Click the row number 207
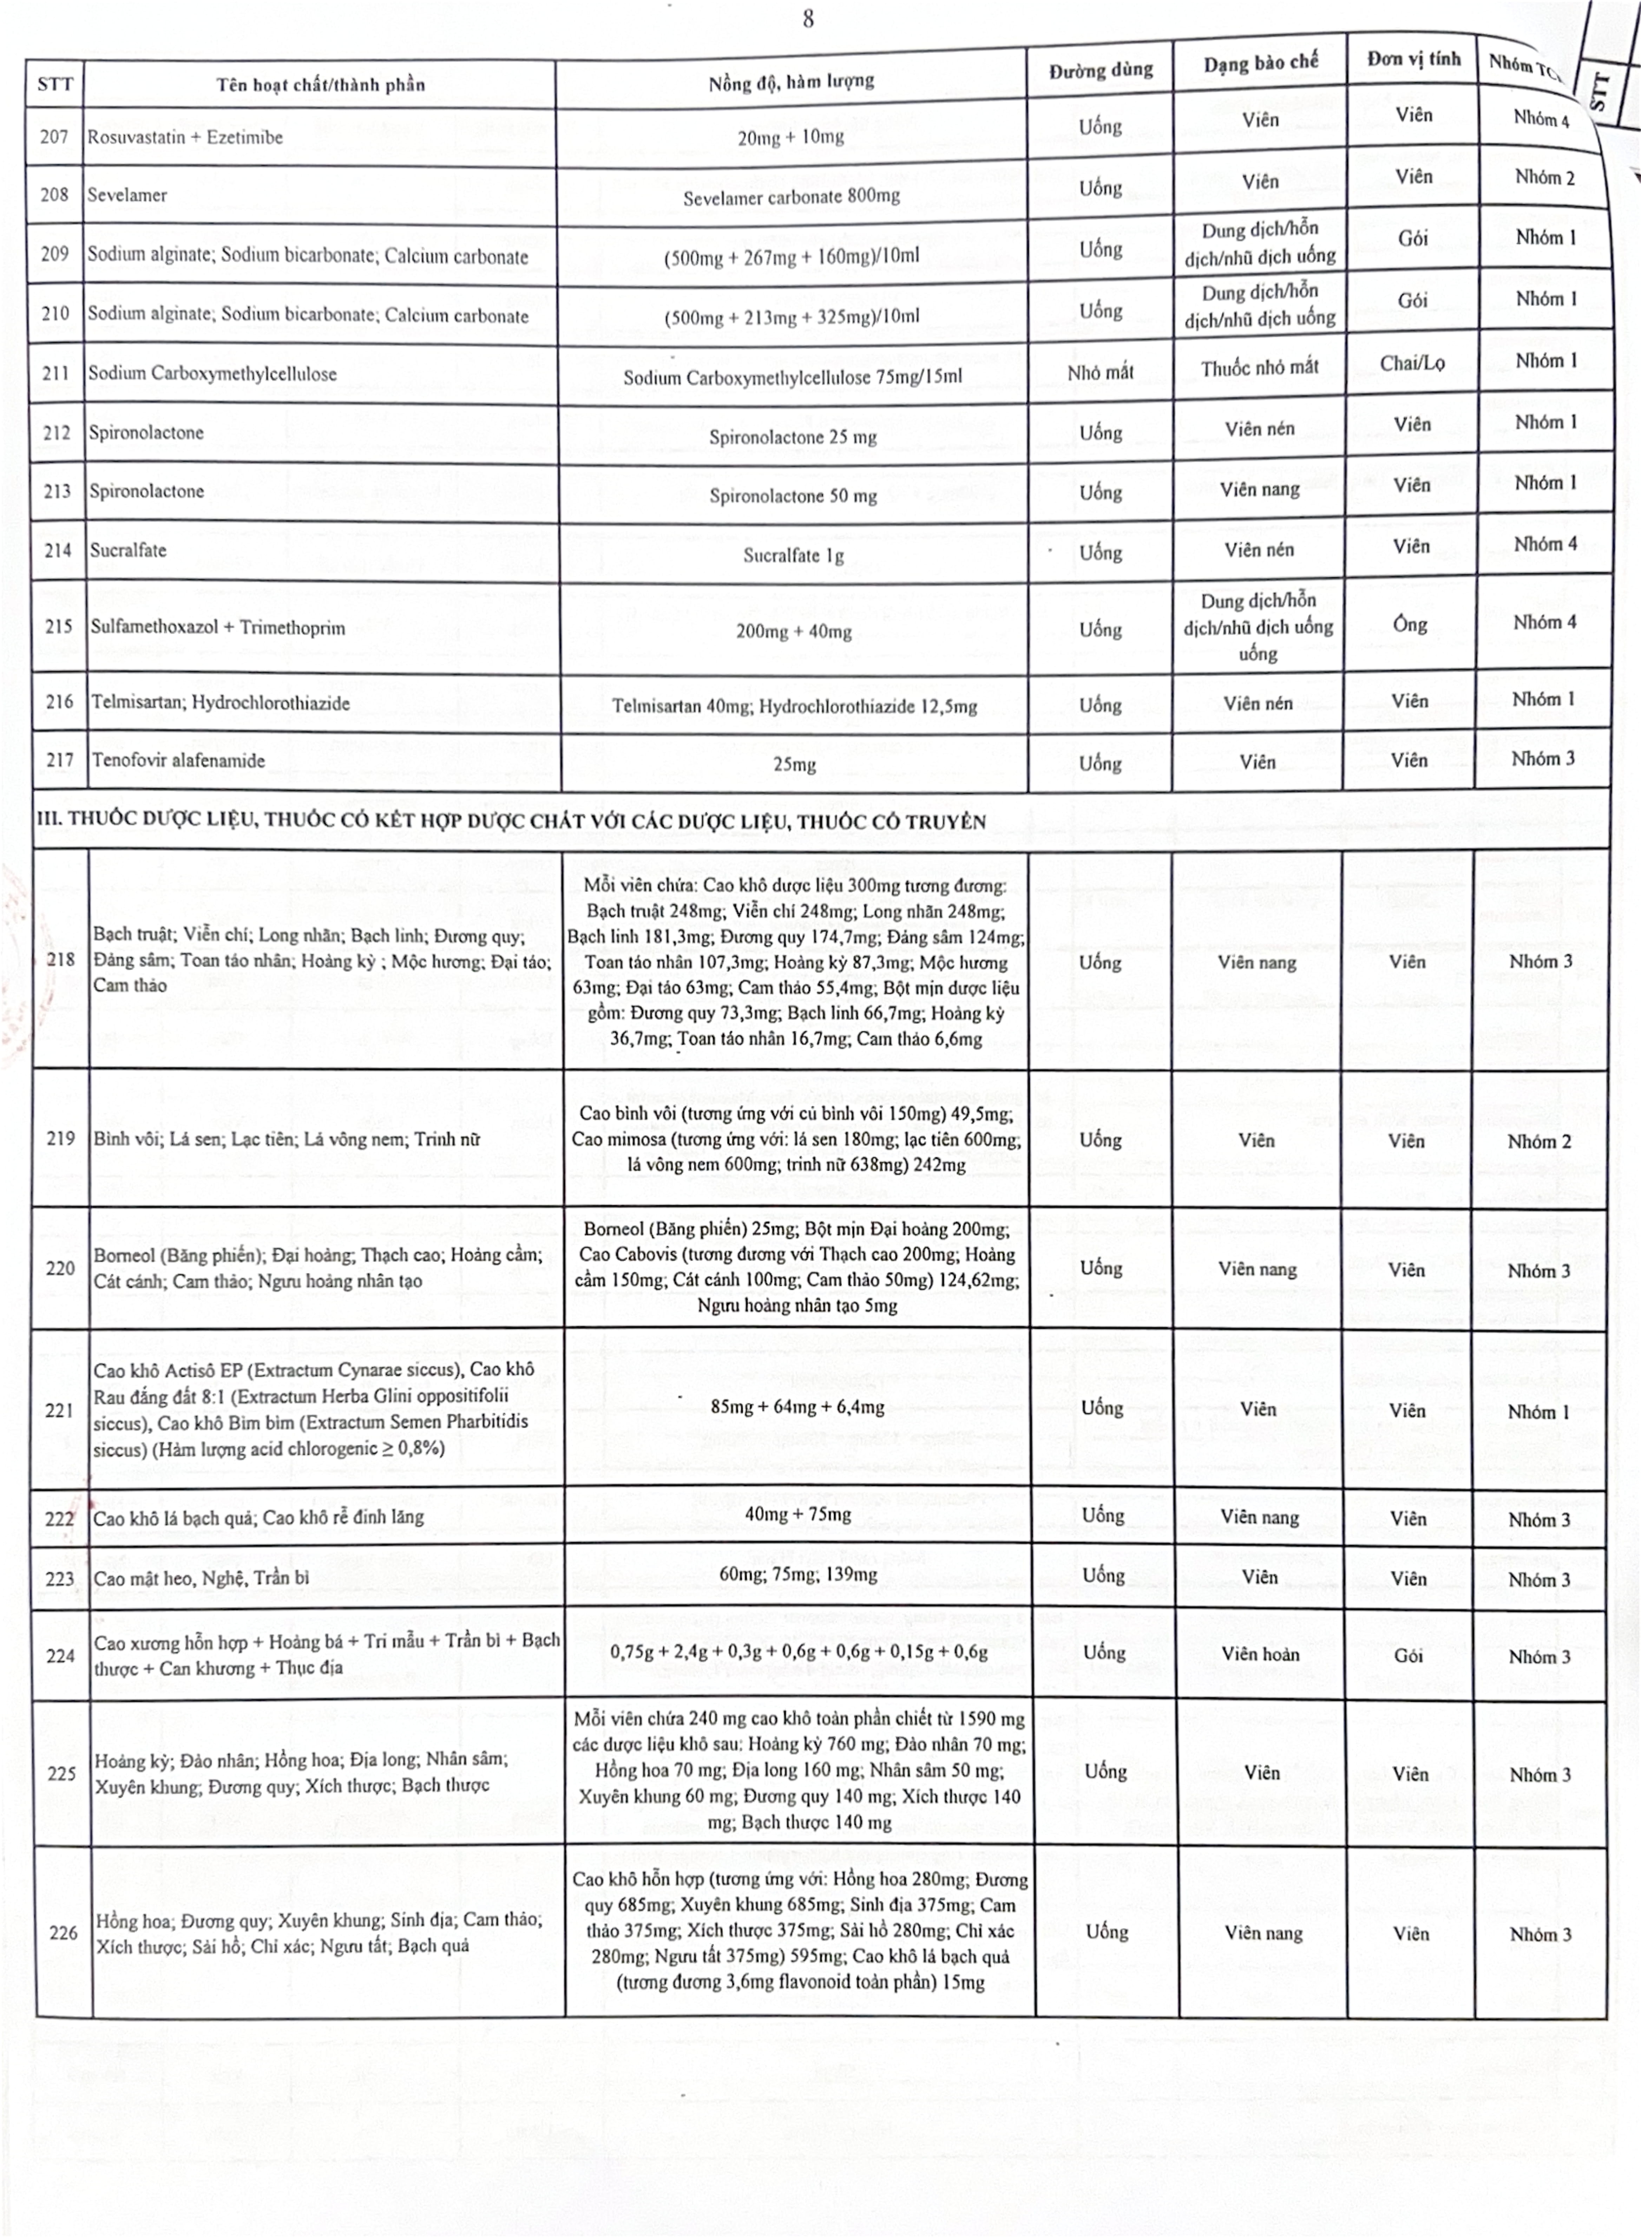(x=55, y=137)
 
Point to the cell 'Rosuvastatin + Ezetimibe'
(x=185, y=137)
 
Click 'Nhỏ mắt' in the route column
(x=1101, y=373)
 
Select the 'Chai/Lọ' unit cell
(x=1412, y=364)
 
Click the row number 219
(x=61, y=1138)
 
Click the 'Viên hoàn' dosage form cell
(x=1260, y=1654)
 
